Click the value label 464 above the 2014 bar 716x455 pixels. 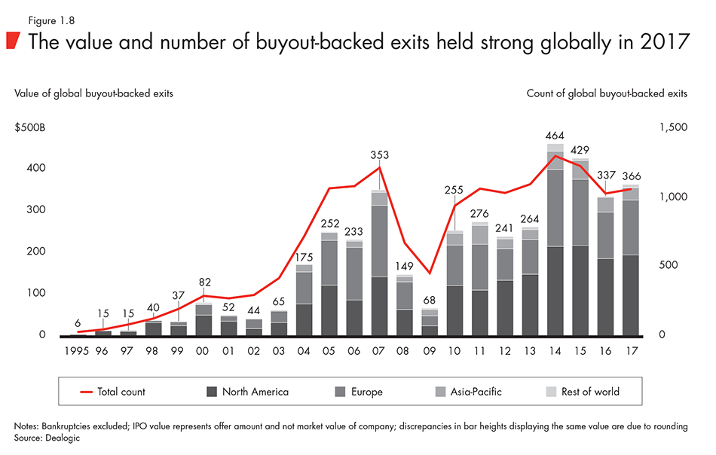click(555, 135)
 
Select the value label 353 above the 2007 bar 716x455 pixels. click(379, 155)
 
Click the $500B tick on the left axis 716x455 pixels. click(30, 128)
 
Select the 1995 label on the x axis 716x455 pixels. click(78, 350)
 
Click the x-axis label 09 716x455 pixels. click(429, 350)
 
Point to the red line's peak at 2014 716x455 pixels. click(555, 156)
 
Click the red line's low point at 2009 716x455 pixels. click(429, 273)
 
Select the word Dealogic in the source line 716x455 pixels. click(64, 437)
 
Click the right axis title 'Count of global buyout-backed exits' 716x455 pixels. click(605, 93)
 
